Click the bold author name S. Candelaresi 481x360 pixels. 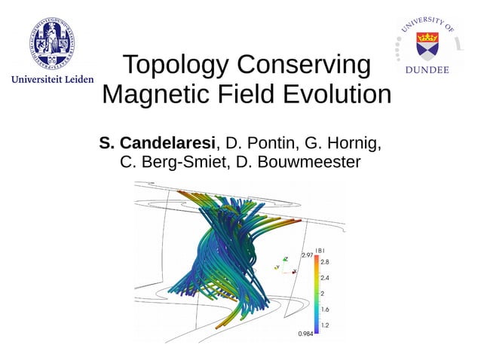(158, 142)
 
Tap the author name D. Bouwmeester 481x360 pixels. (297, 162)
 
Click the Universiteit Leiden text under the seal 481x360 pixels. (51, 78)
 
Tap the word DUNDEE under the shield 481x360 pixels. (427, 70)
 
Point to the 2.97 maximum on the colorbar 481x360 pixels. (307, 256)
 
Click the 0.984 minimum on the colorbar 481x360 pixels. (305, 334)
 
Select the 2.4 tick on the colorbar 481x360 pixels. (325, 278)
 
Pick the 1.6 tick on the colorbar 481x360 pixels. (325, 310)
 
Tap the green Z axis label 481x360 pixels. (286, 258)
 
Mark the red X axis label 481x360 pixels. (294, 271)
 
